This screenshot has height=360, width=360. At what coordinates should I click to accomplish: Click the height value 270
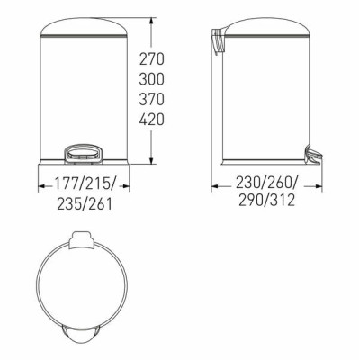152,59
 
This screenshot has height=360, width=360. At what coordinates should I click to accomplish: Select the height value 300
152,79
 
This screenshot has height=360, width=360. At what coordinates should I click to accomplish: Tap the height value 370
152,99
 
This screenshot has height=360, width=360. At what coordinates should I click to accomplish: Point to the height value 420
152,120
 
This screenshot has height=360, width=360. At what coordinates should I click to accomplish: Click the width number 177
66,184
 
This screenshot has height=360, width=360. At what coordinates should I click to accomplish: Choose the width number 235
69,204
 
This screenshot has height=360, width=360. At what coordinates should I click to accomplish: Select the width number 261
100,204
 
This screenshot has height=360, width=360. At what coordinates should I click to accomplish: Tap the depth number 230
247,182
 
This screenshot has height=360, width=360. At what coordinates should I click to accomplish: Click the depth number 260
280,182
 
